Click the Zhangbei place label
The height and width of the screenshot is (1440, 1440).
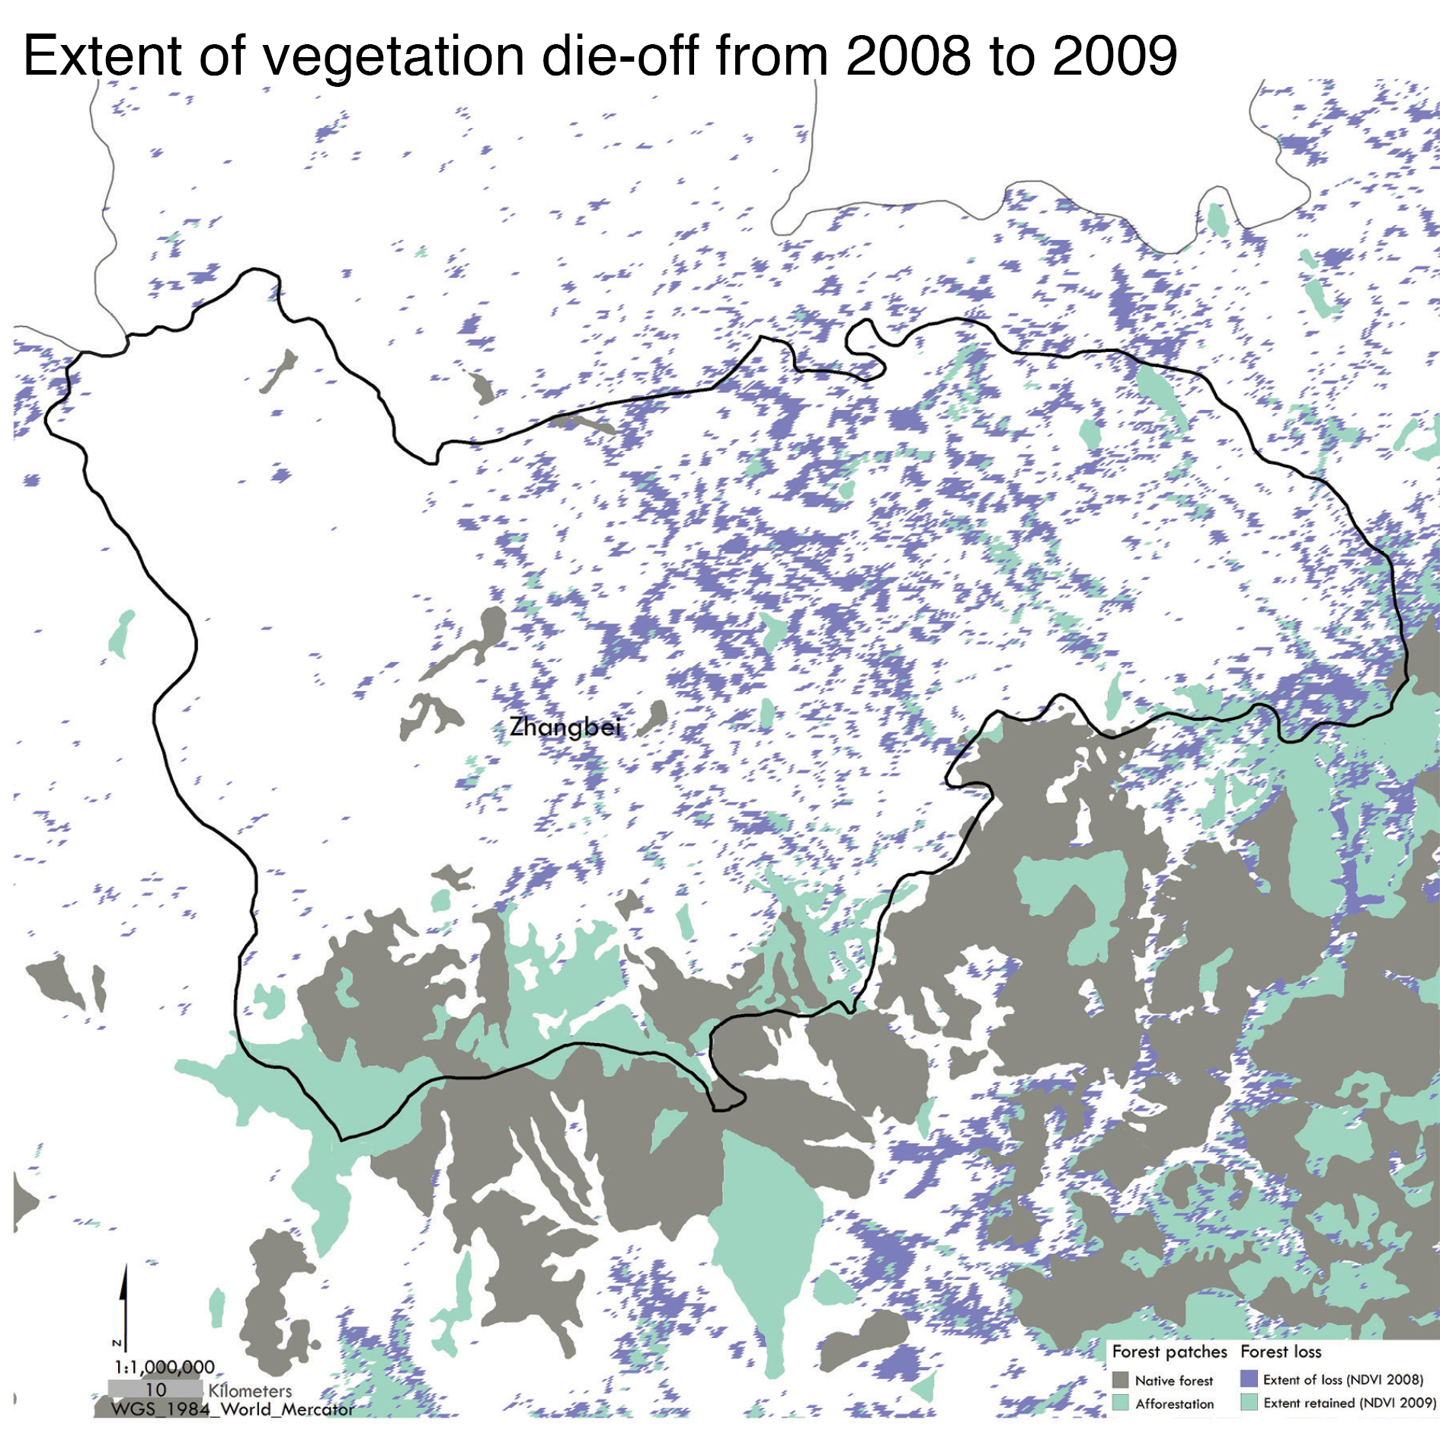point(565,727)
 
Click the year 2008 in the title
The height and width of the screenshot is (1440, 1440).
point(908,56)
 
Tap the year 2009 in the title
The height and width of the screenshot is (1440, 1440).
point(1115,56)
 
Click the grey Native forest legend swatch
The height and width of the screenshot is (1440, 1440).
point(1120,1380)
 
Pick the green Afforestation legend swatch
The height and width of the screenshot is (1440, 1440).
point(1120,1403)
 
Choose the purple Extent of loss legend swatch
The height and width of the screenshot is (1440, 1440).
point(1249,1379)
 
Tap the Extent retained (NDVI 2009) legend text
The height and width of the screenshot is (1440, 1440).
point(1349,1403)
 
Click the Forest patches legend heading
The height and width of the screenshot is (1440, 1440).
point(1170,1352)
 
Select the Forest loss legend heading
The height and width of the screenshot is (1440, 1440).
point(1281,1352)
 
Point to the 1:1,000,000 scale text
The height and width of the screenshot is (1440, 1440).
point(165,1367)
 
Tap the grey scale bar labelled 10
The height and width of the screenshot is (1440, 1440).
point(155,1389)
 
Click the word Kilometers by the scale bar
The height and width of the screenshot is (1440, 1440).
point(250,1390)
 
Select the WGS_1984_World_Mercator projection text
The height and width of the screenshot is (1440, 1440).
point(232,1410)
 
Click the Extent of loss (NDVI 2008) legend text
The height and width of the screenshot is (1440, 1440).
point(1342,1380)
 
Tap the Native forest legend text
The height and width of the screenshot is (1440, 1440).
point(1173,1381)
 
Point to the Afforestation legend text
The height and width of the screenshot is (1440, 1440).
point(1174,1403)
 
